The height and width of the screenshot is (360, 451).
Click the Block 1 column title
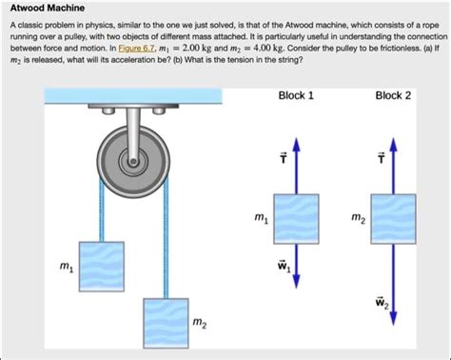coord(297,96)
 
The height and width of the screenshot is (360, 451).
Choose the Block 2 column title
coord(393,96)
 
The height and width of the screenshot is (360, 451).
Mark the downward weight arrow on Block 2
coord(393,286)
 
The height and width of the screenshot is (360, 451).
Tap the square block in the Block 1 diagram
coord(297,218)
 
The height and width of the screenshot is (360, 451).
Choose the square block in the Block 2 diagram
coord(393,218)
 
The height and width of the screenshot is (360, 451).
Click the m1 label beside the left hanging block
coord(64,270)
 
